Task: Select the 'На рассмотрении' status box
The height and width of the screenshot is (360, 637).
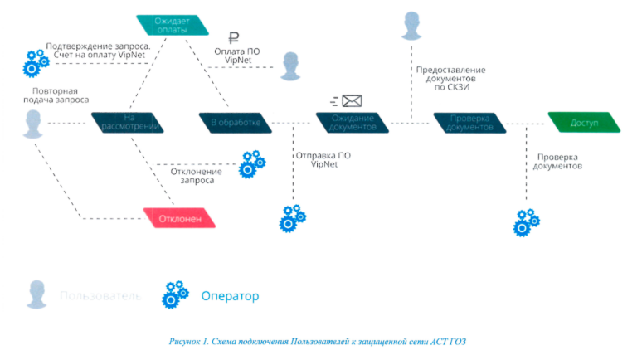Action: click(x=128, y=123)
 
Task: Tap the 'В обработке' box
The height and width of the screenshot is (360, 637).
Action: click(x=236, y=123)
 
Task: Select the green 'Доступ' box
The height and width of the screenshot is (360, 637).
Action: click(x=584, y=123)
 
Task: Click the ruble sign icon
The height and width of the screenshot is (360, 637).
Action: click(x=234, y=37)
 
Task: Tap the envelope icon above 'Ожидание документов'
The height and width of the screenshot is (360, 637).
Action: click(x=352, y=101)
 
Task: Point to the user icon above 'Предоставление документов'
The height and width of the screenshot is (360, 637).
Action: click(x=411, y=26)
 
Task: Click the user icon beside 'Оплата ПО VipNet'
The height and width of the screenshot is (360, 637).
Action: click(x=289, y=66)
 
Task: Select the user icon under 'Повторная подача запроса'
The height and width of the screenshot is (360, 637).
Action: click(x=32, y=124)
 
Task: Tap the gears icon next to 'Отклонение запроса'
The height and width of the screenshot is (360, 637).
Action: click(x=251, y=164)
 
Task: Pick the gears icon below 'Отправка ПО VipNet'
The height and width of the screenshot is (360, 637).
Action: click(x=292, y=217)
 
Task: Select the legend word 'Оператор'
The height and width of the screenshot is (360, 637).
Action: click(x=230, y=295)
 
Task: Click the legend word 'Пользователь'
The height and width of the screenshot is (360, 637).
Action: click(x=100, y=295)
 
